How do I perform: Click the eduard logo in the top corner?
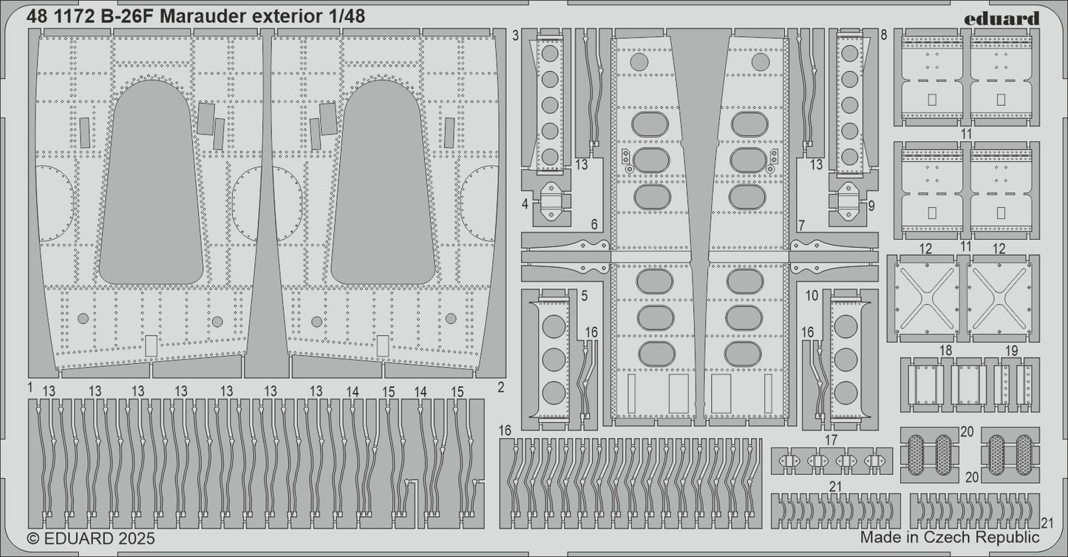(x=1006, y=18)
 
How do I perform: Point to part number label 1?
(x=30, y=387)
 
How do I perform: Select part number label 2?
(x=500, y=387)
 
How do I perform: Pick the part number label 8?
(x=884, y=35)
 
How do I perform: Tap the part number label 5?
(x=584, y=296)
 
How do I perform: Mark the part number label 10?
(x=812, y=296)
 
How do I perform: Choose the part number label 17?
(x=831, y=439)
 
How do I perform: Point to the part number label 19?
(x=1012, y=350)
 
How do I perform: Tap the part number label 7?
(x=802, y=224)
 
